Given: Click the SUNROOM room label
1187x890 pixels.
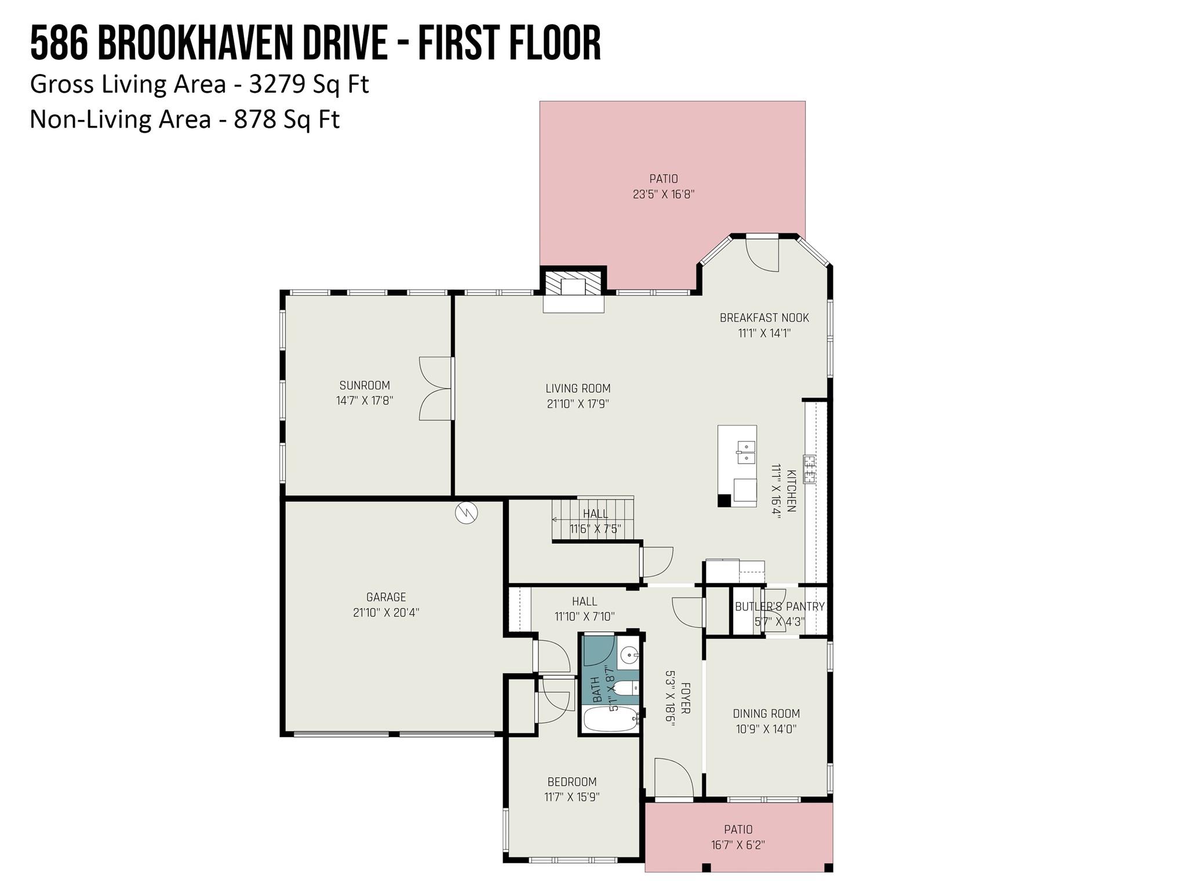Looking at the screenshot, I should (x=365, y=385).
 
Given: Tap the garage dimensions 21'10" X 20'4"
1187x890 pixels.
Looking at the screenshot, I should (x=386, y=612).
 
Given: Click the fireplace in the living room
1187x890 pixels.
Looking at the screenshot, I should (x=574, y=287).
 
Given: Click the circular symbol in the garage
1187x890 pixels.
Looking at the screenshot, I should (x=466, y=513).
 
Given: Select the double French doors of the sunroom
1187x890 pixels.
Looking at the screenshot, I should (x=436, y=388).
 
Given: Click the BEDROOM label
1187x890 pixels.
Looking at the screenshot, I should (x=572, y=782).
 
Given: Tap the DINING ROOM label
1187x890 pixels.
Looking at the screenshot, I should (x=766, y=714).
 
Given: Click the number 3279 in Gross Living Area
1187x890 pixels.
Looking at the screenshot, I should (x=277, y=85).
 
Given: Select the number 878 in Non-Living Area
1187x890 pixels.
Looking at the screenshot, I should (x=254, y=120).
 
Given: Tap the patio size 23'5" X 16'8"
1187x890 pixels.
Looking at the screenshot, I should (x=664, y=194).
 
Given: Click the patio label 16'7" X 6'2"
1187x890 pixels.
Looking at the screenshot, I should (x=738, y=845).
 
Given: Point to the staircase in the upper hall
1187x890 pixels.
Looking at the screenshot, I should (x=592, y=520).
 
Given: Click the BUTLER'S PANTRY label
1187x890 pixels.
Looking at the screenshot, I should (x=780, y=607).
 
